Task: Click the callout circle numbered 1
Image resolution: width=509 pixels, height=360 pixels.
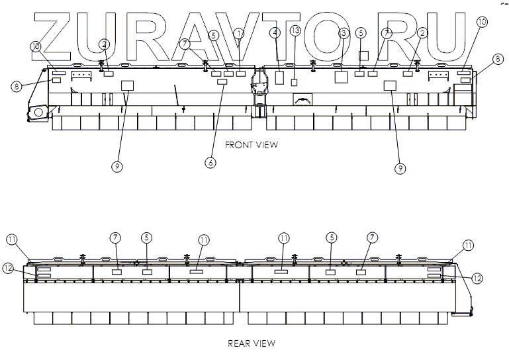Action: pos(239,32)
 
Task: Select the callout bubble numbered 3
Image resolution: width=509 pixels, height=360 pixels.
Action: pos(344,32)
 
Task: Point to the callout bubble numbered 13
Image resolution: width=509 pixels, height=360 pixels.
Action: pos(295,30)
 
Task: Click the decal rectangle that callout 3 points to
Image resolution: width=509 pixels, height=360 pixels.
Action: pos(342,77)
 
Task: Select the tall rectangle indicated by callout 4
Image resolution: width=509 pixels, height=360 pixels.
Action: pos(279,77)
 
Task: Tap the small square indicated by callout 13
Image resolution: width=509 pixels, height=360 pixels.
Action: pos(295,81)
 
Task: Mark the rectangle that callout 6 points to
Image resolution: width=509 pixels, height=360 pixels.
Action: pos(222,82)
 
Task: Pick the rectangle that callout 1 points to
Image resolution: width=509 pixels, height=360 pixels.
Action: pos(241,74)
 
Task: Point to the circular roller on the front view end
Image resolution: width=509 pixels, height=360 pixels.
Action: pos(38,112)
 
